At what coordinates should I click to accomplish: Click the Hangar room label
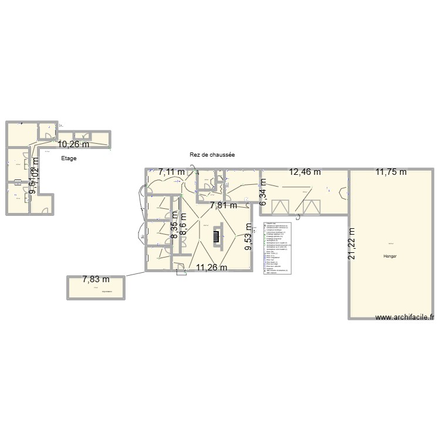390,256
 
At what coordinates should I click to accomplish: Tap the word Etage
69,158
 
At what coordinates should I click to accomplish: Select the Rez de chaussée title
212,155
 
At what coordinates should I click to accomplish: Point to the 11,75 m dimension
395,172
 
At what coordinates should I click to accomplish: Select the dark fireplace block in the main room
216,235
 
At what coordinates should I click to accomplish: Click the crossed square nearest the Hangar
312,207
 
